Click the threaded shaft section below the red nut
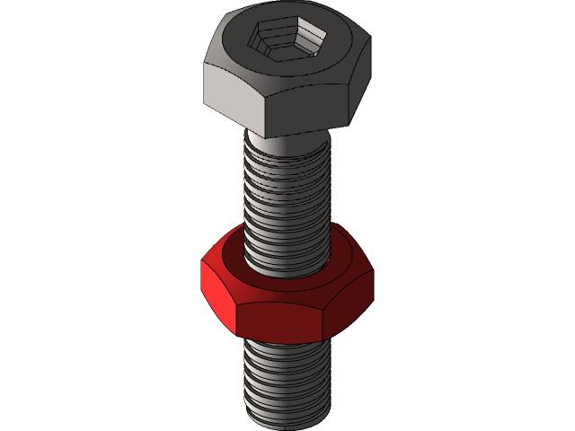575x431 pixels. coord(286,377)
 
